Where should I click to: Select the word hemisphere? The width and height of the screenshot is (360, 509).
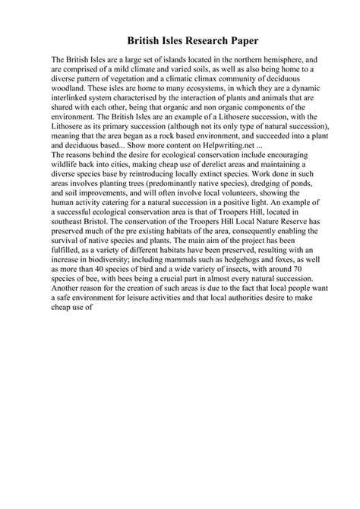(x=278, y=58)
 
